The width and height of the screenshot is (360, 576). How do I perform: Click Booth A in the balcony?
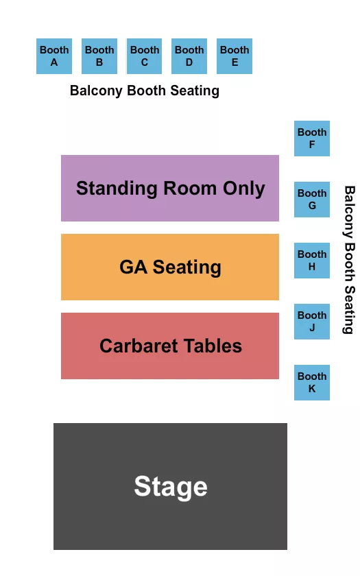(x=54, y=56)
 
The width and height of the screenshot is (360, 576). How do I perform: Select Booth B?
(x=99, y=56)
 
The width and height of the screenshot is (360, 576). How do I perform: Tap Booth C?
(x=145, y=56)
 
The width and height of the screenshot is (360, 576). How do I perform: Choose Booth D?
(x=189, y=56)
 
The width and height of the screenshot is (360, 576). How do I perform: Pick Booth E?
(x=235, y=56)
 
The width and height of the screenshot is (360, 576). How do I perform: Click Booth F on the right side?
(x=312, y=139)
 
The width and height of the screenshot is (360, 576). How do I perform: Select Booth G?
(x=312, y=200)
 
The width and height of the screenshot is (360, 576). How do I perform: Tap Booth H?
(x=312, y=261)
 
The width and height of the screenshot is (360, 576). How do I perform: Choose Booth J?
(x=312, y=322)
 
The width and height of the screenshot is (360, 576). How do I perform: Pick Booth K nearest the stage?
(x=312, y=383)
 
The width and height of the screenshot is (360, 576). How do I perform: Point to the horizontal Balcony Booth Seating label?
(x=145, y=91)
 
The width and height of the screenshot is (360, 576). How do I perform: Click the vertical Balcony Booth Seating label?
(x=349, y=260)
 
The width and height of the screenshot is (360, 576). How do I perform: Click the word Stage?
(x=171, y=486)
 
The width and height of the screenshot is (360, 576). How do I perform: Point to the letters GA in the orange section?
(x=133, y=267)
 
